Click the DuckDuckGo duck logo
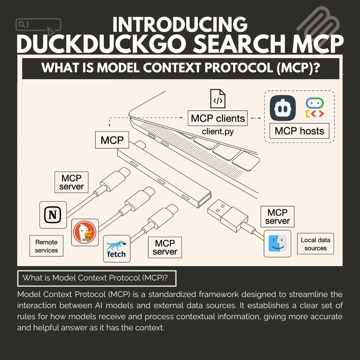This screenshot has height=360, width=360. (x=85, y=232)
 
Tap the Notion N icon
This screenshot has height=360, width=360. (x=53, y=215)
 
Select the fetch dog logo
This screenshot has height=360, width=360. (x=117, y=249)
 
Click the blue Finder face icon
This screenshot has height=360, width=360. (x=277, y=243)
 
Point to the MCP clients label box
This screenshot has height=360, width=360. (x=217, y=118)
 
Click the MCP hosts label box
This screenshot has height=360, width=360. (x=299, y=131)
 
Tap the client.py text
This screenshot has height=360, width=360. (x=217, y=131)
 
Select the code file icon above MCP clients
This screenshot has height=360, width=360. (x=217, y=99)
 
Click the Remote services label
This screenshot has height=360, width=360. (x=46, y=246)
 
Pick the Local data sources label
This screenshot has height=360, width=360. (x=315, y=244)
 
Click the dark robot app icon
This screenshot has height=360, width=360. (x=283, y=108)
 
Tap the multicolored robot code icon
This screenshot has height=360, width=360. (x=315, y=107)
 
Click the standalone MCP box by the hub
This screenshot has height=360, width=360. (x=112, y=140)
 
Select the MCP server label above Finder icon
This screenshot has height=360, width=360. (x=277, y=217)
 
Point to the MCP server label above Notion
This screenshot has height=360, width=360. (x=71, y=182)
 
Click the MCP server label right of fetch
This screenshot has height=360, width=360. (x=165, y=247)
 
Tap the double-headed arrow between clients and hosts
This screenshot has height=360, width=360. (x=256, y=118)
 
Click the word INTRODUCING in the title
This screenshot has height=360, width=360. (x=180, y=25)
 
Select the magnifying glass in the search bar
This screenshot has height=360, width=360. (x=22, y=25)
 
